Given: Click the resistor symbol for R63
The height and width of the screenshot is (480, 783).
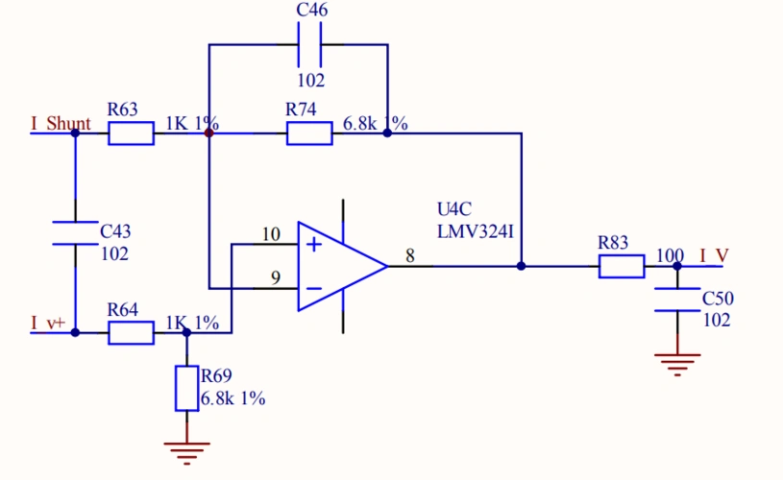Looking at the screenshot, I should click(x=131, y=133).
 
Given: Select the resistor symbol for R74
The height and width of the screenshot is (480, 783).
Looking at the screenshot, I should click(x=309, y=133).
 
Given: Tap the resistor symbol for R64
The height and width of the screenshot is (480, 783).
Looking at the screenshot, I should click(x=131, y=333).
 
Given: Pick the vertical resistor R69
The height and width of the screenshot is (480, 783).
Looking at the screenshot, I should click(x=186, y=388).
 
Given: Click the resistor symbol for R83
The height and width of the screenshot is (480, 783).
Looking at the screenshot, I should click(x=622, y=267).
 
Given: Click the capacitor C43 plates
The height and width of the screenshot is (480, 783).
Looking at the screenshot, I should click(x=75, y=232).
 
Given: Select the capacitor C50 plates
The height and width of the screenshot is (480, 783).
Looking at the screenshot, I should click(x=677, y=299).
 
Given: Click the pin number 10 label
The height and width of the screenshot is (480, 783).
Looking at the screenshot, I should click(x=271, y=234).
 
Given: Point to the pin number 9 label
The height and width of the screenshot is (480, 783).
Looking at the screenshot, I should click(x=275, y=278).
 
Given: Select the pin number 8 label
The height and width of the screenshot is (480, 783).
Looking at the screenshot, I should click(x=410, y=256).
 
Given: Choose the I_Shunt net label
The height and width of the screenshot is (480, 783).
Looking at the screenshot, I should click(x=61, y=124).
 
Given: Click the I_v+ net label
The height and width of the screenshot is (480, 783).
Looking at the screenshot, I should click(x=48, y=324).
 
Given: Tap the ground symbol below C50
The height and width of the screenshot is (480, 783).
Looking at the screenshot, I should click(x=677, y=363).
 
